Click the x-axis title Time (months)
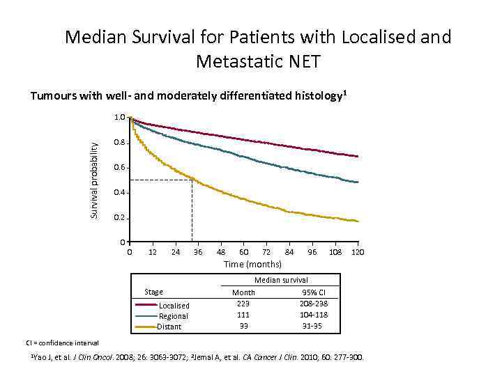click(252, 264)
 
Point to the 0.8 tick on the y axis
click(120, 143)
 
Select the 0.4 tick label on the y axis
click(120, 193)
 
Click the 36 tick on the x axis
click(198, 251)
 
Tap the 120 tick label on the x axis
click(358, 251)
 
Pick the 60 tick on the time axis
click(243, 251)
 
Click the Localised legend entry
click(174, 306)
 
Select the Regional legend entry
click(174, 316)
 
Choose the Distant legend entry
click(169, 327)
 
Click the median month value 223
click(243, 304)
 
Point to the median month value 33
click(243, 326)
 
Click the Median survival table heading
click(281, 280)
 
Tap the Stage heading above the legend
click(153, 292)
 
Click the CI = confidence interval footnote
click(63, 343)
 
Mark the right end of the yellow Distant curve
click(358, 221)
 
